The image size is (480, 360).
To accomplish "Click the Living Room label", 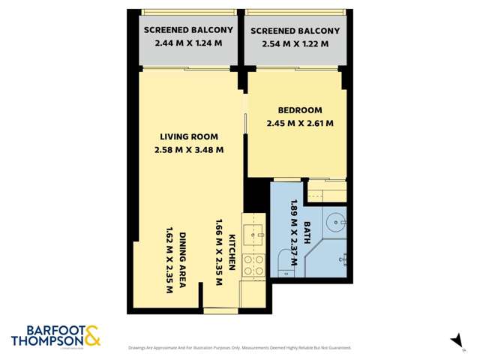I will coord(189,136).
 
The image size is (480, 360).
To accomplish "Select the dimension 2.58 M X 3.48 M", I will coord(189,149).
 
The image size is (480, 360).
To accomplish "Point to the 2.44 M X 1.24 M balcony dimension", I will coord(188,43).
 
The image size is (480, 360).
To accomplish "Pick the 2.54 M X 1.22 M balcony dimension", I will coord(295,43).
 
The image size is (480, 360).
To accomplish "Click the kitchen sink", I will coord(255,232).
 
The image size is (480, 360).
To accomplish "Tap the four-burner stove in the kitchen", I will coord(253,265).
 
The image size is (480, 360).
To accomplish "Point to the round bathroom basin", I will coord(335,222).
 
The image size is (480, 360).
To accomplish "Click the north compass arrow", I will coord(455,340).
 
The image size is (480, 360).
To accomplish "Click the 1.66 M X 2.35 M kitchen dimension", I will coord(220,252).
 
